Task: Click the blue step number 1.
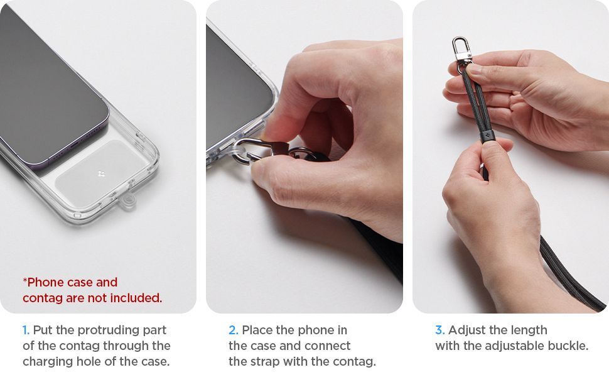[x=26, y=331]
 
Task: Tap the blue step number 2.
[x=234, y=331]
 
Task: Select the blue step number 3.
[x=439, y=331]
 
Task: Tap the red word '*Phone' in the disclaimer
[x=42, y=282]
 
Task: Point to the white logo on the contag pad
[x=101, y=173]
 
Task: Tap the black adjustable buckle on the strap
[x=487, y=137]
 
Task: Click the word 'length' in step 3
[x=528, y=331]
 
